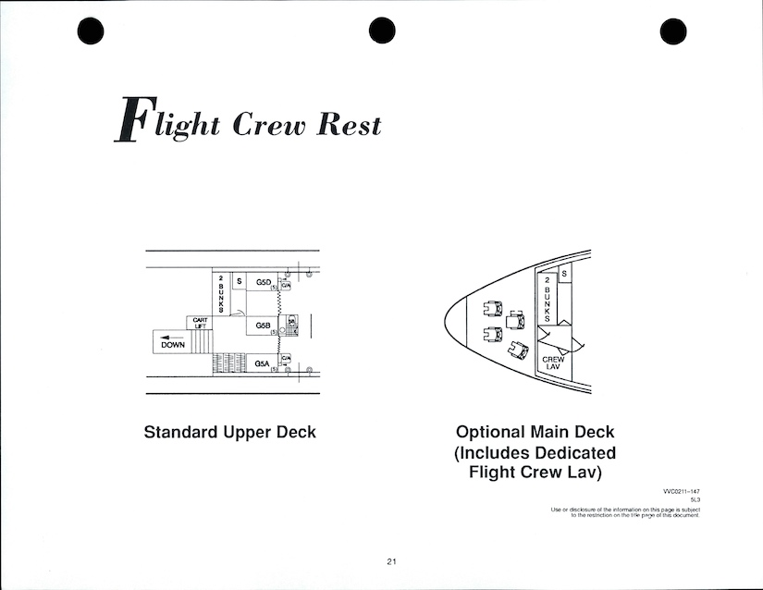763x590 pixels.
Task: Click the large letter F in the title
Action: pyautogui.click(x=129, y=122)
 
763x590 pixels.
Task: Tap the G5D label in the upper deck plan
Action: pyautogui.click(x=264, y=281)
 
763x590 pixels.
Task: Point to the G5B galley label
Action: pyautogui.click(x=264, y=326)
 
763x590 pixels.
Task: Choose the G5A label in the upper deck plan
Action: pyautogui.click(x=264, y=364)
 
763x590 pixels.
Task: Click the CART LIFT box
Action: pyautogui.click(x=200, y=323)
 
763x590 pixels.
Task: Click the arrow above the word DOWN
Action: pyautogui.click(x=171, y=337)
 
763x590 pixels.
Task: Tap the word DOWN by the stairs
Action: pyautogui.click(x=173, y=345)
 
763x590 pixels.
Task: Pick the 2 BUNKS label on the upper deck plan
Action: pyautogui.click(x=221, y=293)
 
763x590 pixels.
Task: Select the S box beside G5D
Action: pyautogui.click(x=239, y=281)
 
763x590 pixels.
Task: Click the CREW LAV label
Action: pyautogui.click(x=553, y=363)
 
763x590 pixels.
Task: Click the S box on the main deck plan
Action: pyautogui.click(x=564, y=273)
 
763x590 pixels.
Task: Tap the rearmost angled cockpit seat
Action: pyautogui.click(x=518, y=351)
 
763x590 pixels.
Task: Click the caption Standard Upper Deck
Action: pyautogui.click(x=230, y=433)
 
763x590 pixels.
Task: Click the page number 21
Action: pyautogui.click(x=392, y=561)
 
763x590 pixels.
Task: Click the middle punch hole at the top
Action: pyautogui.click(x=382, y=31)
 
